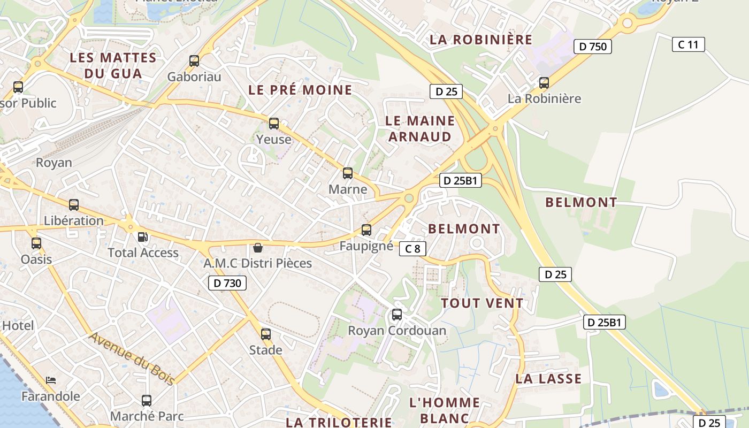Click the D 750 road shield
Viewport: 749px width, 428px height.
click(x=593, y=47)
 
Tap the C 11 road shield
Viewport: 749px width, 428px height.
click(x=688, y=44)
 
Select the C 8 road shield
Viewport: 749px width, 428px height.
click(x=412, y=248)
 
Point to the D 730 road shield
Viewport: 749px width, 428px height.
click(x=227, y=283)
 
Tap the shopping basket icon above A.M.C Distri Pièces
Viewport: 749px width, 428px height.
click(x=258, y=248)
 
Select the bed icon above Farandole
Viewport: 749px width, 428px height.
click(x=51, y=380)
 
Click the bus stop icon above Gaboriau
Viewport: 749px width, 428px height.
click(x=194, y=61)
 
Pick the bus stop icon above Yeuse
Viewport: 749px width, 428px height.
click(x=274, y=124)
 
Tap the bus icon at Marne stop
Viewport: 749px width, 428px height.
click(x=348, y=173)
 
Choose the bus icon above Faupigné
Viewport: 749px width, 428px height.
click(x=366, y=230)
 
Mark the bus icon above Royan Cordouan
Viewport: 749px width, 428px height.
click(x=397, y=315)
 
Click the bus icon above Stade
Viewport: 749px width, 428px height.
click(x=266, y=334)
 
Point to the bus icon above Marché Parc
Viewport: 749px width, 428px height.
click(x=147, y=400)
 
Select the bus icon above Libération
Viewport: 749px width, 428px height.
click(x=74, y=204)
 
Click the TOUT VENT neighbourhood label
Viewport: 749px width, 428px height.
click(x=482, y=303)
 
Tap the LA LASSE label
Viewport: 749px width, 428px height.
click(x=548, y=379)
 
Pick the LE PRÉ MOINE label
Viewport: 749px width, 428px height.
click(x=300, y=90)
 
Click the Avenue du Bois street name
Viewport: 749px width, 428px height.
click(x=132, y=358)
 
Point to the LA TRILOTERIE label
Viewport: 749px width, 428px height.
click(x=339, y=422)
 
